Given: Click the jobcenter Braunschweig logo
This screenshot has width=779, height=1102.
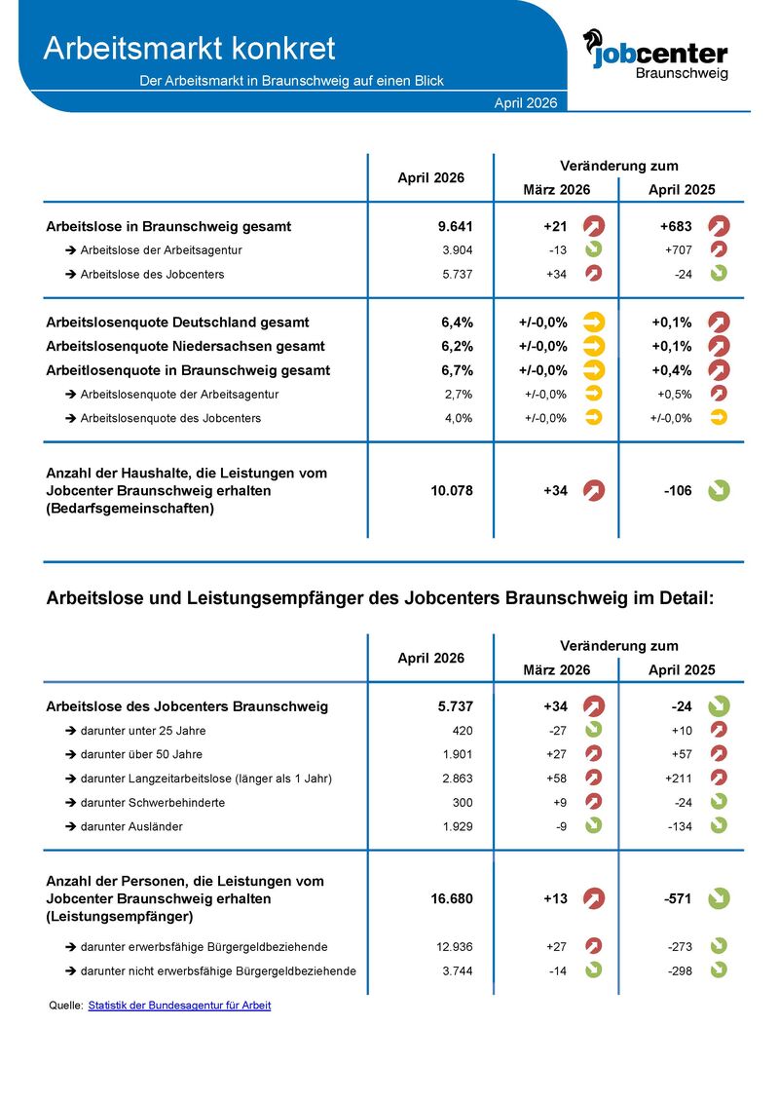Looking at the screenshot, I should [x=654, y=54].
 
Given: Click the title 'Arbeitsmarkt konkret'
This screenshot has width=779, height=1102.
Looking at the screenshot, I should [x=189, y=48].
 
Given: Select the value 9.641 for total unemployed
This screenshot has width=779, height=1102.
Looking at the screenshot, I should [x=455, y=227].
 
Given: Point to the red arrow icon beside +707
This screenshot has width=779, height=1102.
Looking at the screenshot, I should [x=719, y=249].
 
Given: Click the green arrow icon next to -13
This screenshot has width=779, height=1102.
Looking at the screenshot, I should [x=593, y=249].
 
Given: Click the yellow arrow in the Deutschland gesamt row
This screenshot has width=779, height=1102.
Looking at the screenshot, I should [x=593, y=322].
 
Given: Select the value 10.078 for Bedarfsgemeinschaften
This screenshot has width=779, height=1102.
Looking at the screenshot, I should [x=451, y=491].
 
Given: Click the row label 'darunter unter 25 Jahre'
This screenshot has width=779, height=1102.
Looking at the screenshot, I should [x=142, y=731].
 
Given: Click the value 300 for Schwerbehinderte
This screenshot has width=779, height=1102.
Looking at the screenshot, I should [x=462, y=802].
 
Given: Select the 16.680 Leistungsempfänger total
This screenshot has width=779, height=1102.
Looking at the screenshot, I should [x=451, y=898].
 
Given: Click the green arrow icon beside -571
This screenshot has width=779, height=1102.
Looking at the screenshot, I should [x=719, y=898].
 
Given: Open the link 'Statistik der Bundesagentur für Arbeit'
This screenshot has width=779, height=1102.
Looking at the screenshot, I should [x=179, y=1005].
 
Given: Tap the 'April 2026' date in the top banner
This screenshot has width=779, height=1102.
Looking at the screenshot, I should [x=526, y=102].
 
